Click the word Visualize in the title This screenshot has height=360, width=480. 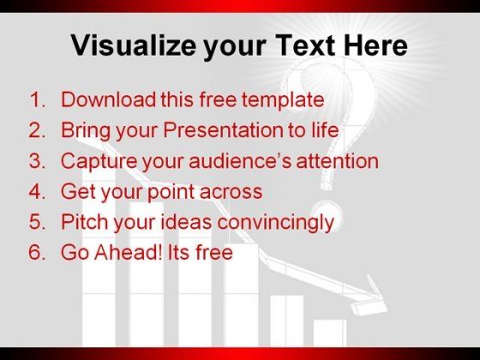pos(133,46)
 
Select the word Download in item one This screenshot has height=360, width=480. pos(108,99)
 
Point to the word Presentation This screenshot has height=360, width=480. pos(223,130)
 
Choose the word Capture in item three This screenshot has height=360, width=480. pos(99,161)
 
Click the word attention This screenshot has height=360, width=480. pos(338,161)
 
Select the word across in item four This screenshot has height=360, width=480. pos(231,192)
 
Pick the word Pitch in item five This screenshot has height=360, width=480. pos(85,222)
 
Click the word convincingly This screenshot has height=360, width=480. pos(275,223)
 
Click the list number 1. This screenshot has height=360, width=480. pos(37,99)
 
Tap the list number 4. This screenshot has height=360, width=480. pos(37,191)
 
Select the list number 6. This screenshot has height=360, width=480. pos(37,252)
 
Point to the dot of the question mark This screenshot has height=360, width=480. pos(327,215)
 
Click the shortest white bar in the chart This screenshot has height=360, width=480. pos(330,333)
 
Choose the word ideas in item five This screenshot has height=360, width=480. pos(186,222)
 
